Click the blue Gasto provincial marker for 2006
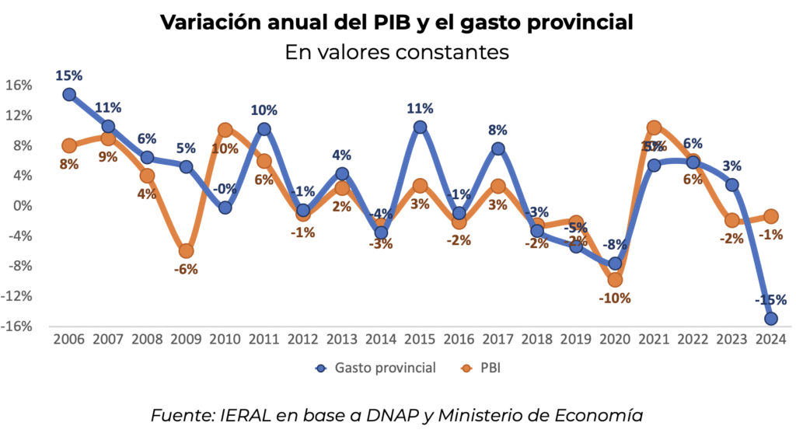point(69,94)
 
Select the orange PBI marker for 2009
point(186,251)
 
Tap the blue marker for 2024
point(771,318)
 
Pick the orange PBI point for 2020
point(615,279)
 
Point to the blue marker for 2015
point(420,127)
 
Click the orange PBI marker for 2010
point(225,130)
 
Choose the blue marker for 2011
point(264,129)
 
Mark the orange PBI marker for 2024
point(771,216)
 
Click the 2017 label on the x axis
point(497,340)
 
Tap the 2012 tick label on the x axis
point(303,340)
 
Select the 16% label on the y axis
point(19,85)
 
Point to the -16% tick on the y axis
point(16,326)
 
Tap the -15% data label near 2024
point(771,299)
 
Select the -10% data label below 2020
point(615,298)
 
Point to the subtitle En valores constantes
point(397,52)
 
